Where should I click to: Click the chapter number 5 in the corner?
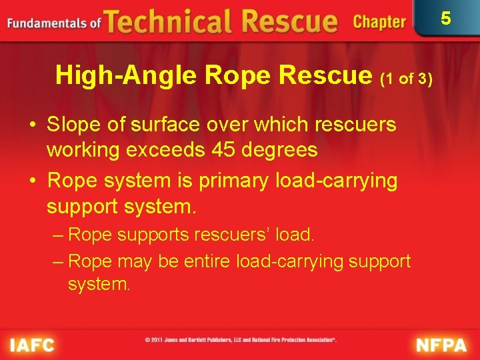point(445,18)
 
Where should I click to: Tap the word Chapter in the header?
point(379,22)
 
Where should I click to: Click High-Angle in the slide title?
point(126,75)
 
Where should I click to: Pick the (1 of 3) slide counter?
point(406,79)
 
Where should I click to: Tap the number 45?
point(221,150)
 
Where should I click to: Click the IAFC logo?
point(31,345)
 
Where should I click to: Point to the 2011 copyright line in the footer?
point(241,340)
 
